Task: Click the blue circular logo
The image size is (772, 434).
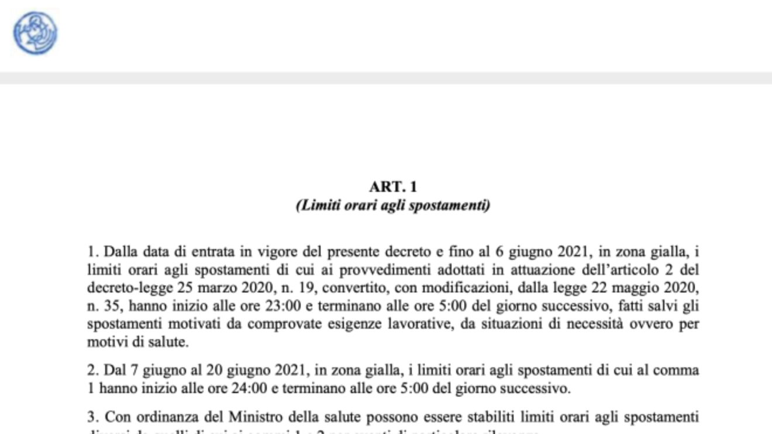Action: point(35,33)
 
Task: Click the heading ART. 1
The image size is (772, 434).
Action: point(393,187)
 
